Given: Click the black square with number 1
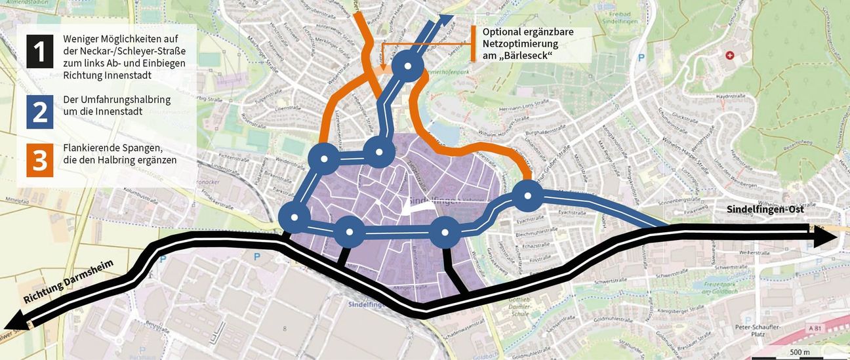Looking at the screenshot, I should pos(39,51).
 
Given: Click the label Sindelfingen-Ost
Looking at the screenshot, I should pos(765,209).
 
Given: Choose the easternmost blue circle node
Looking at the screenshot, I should pos(527,195).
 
